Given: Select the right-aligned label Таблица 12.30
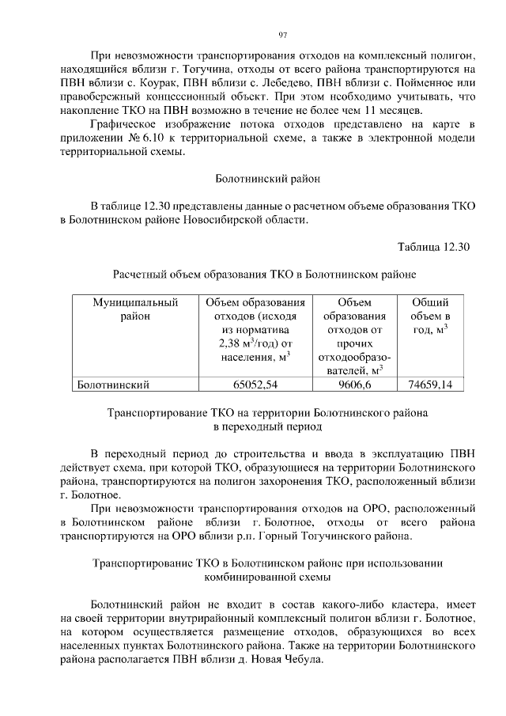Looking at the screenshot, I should click(433, 246).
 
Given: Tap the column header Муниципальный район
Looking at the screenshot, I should click(134, 309).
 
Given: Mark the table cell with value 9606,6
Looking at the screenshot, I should click(353, 385).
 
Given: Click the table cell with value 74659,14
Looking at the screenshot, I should click(430, 385).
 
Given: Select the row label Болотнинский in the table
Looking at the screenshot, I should click(111, 385).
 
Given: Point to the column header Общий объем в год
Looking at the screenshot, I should click(430, 316).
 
